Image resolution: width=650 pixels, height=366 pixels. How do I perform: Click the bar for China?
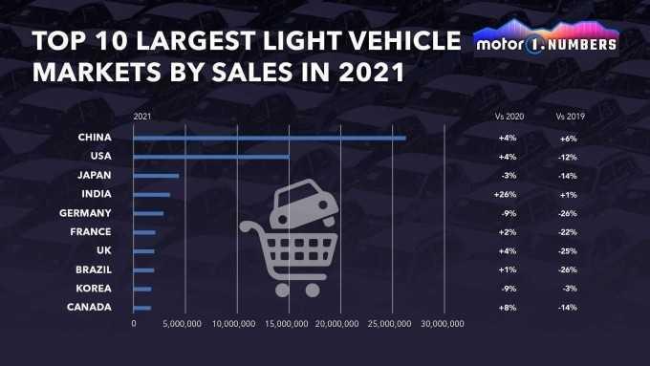[x=270, y=139]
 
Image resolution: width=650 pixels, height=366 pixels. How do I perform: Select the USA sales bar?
[x=211, y=157]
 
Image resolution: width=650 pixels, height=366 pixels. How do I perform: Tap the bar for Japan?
[x=156, y=176]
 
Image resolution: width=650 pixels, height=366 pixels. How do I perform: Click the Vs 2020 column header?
[x=508, y=116]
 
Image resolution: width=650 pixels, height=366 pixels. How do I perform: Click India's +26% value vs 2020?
[x=508, y=195]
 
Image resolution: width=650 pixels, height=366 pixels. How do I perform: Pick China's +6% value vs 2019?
[x=569, y=139]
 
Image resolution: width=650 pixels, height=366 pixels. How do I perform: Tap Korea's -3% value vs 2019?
[x=569, y=289]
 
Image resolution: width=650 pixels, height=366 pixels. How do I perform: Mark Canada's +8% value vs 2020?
[x=508, y=307]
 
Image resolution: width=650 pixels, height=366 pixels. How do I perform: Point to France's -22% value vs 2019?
[x=569, y=232]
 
